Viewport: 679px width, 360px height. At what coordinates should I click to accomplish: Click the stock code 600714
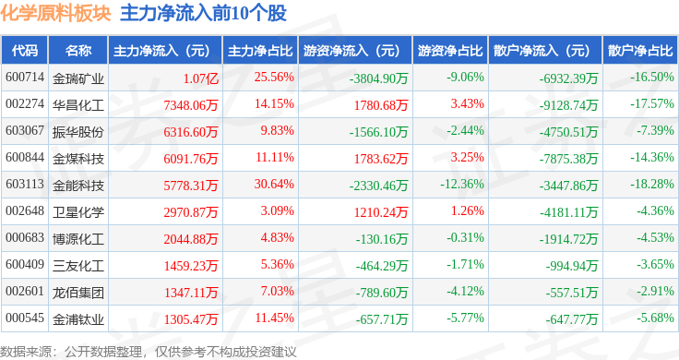click(x=25, y=78)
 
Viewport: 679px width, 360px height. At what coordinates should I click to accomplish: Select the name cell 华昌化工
click(x=78, y=105)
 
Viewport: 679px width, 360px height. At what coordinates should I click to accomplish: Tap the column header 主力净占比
click(x=260, y=51)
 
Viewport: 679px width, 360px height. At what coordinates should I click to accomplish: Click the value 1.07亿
click(x=200, y=78)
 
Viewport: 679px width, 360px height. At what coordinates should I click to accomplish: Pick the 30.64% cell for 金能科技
click(x=274, y=184)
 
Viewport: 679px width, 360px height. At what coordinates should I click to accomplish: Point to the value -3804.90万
click(x=379, y=78)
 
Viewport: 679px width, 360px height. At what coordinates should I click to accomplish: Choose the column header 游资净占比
click(x=450, y=51)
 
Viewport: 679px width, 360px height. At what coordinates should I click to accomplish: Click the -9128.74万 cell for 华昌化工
click(x=568, y=105)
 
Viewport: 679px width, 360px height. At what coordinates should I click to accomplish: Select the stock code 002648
click(x=25, y=211)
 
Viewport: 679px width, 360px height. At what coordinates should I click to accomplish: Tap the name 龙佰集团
click(x=78, y=293)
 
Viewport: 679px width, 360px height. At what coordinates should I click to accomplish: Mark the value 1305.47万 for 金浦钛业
click(x=191, y=319)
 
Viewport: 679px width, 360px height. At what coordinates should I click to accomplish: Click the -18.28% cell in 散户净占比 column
click(x=652, y=184)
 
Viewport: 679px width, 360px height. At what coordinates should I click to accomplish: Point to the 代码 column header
click(x=25, y=51)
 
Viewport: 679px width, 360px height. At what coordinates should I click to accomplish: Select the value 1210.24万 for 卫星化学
click(x=381, y=212)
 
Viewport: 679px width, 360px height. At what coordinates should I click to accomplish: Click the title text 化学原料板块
click(x=56, y=14)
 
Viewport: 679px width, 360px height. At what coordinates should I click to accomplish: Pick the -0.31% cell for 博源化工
click(x=466, y=237)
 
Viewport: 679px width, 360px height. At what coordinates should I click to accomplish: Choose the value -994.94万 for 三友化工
click(x=572, y=266)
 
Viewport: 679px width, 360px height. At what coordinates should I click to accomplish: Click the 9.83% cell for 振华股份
click(x=277, y=130)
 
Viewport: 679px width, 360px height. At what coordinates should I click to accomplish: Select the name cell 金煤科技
click(x=78, y=159)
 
